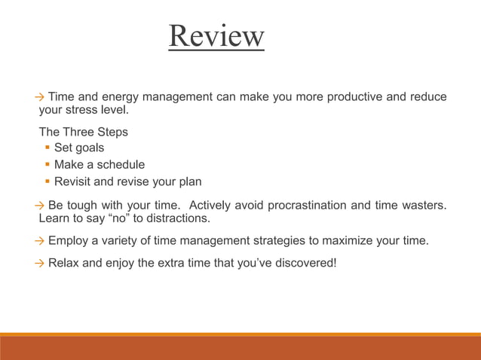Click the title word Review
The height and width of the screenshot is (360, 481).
(x=216, y=35)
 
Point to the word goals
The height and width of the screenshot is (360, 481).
(x=90, y=148)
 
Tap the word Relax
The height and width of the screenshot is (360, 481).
(x=65, y=263)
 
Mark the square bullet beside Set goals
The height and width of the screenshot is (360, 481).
(x=47, y=148)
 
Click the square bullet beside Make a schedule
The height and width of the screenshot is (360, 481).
(x=47, y=165)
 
